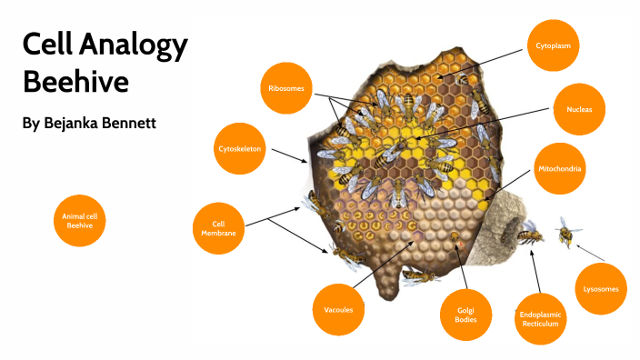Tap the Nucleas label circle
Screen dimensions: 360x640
(x=579, y=109)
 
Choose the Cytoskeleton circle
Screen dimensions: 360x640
(x=241, y=147)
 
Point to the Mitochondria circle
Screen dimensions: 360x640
(x=558, y=168)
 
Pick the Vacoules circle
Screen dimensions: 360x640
(x=338, y=309)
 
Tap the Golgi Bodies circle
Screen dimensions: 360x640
(x=466, y=315)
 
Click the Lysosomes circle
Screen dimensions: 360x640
(x=601, y=289)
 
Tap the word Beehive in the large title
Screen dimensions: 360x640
(x=75, y=83)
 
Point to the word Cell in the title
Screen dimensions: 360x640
(x=45, y=45)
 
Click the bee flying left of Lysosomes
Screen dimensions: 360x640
(x=569, y=233)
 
